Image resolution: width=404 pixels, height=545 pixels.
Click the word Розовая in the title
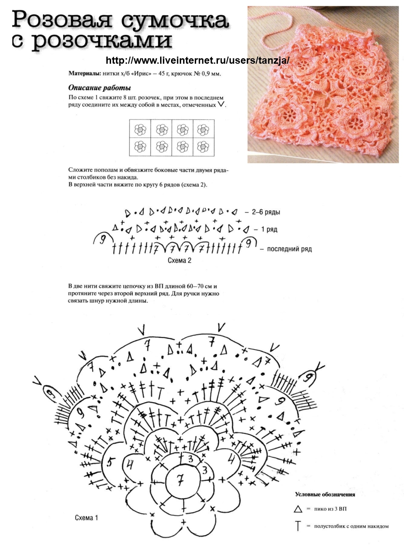tap(62, 20)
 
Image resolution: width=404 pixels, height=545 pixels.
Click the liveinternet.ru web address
tap(197, 60)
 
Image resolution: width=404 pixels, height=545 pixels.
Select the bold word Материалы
tap(84, 74)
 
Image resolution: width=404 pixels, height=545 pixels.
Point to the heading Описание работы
tap(99, 88)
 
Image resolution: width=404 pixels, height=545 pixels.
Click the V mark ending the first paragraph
tap(221, 104)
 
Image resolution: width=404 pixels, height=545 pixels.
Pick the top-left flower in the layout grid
tap(140, 129)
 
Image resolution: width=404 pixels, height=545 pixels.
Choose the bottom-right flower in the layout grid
tap(203, 147)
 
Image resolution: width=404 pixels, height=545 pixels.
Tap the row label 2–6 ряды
tap(266, 212)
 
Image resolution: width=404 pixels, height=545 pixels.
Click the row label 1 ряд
tap(269, 230)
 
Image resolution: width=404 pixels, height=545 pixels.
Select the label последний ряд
tap(289, 249)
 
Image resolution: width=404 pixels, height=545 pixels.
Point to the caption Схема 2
tap(179, 261)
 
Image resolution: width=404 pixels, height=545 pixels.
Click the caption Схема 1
tap(86, 518)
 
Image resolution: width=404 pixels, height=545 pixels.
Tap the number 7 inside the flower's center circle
tap(180, 479)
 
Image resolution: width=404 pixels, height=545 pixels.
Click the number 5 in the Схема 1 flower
tap(111, 462)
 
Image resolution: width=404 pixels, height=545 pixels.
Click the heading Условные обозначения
tap(325, 495)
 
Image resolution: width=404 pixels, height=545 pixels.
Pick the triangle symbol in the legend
tap(298, 509)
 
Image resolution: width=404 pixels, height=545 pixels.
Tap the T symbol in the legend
tap(298, 526)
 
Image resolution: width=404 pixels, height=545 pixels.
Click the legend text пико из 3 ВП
tap(330, 509)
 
